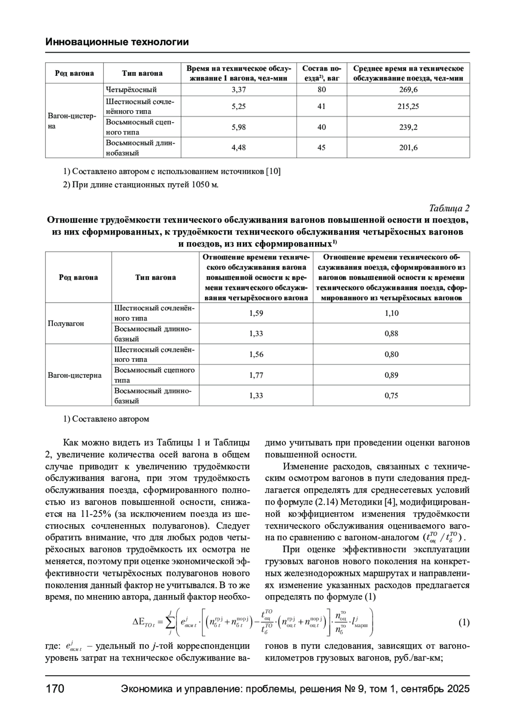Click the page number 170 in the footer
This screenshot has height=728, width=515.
pos(55,689)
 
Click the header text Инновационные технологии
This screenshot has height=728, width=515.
pos(117,42)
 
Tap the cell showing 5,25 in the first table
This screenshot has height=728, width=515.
pos(239,106)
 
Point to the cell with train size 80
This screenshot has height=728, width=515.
pos(321,90)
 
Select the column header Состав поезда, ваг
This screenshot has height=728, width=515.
pos(321,73)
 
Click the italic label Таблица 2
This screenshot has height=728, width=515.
pos(449,208)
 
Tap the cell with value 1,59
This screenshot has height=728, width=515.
pos(256,313)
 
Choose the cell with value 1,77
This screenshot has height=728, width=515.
pos(256,375)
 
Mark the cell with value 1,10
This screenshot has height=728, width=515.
pos(391,313)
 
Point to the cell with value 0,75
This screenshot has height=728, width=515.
pos(391,396)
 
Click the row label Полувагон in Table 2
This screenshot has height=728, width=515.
pos(66,323)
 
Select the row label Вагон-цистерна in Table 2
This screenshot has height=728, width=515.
pos(75,376)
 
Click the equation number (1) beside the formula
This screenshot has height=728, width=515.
pos(463,623)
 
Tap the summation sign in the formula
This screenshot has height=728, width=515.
pos(170,623)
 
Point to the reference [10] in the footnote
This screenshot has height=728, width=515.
pos(273,171)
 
